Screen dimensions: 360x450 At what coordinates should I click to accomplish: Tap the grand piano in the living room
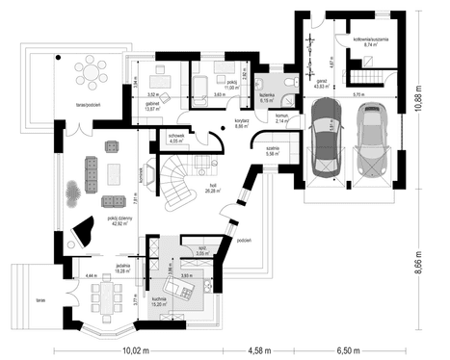coord(81,231)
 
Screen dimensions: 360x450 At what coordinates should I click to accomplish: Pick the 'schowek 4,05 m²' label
coord(175,139)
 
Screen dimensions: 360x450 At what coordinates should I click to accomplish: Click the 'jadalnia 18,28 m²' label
coord(122,270)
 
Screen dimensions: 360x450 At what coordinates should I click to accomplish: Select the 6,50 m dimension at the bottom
coord(358,351)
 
